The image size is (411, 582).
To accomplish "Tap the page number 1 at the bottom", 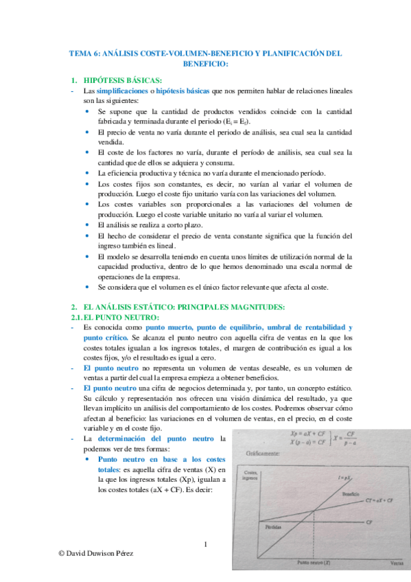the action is [x=205, y=546].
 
